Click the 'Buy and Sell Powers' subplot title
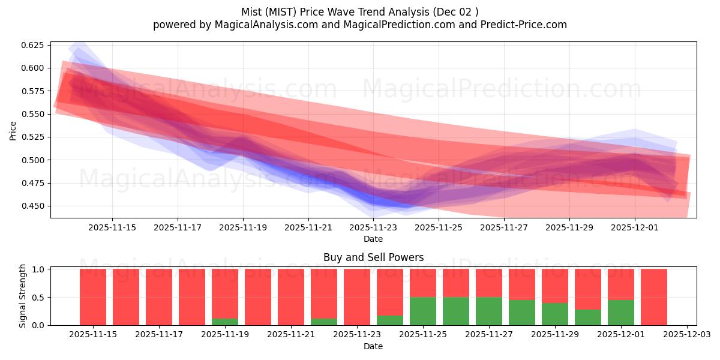(x=373, y=257)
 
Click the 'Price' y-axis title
(x=13, y=130)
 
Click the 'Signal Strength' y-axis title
(x=23, y=296)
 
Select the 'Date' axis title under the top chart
(x=373, y=239)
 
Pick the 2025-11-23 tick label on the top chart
(x=374, y=227)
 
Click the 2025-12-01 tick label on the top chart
(x=635, y=227)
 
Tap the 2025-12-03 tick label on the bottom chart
(x=686, y=334)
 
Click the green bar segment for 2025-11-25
(x=423, y=311)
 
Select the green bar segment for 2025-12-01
(x=621, y=313)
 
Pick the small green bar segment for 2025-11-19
(x=225, y=322)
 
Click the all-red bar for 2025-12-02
(x=654, y=297)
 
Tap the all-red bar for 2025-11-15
(x=93, y=297)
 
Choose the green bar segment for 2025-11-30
(x=588, y=317)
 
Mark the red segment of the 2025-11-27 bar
(x=489, y=283)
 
